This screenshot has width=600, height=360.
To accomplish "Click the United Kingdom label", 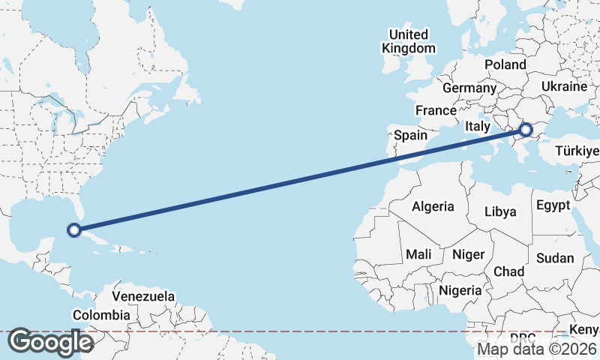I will point(408,41).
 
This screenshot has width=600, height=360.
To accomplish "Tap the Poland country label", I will point(505,64).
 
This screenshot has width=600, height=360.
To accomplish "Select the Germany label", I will point(469,88).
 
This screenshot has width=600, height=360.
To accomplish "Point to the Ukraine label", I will point(563,86).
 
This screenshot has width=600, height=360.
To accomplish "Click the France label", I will point(436,110).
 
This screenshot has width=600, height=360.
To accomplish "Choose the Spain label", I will point(411,136).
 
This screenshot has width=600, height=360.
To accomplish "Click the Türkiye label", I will point(577,152).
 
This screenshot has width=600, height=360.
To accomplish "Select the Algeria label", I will point(433,205).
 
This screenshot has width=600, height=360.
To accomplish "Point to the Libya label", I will point(500,211).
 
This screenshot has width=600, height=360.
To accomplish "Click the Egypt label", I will point(553,205).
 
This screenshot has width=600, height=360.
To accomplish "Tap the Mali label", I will point(418,254).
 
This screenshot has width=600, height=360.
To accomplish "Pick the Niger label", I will point(468,254).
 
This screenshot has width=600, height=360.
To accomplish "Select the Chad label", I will point(508,271).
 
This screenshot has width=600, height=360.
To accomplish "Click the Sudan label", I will point(555,258).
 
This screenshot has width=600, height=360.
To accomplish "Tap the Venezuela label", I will point(143,296).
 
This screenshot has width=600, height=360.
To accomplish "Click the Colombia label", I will point(100,315).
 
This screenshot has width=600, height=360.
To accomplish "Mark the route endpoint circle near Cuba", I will point(74,229).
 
